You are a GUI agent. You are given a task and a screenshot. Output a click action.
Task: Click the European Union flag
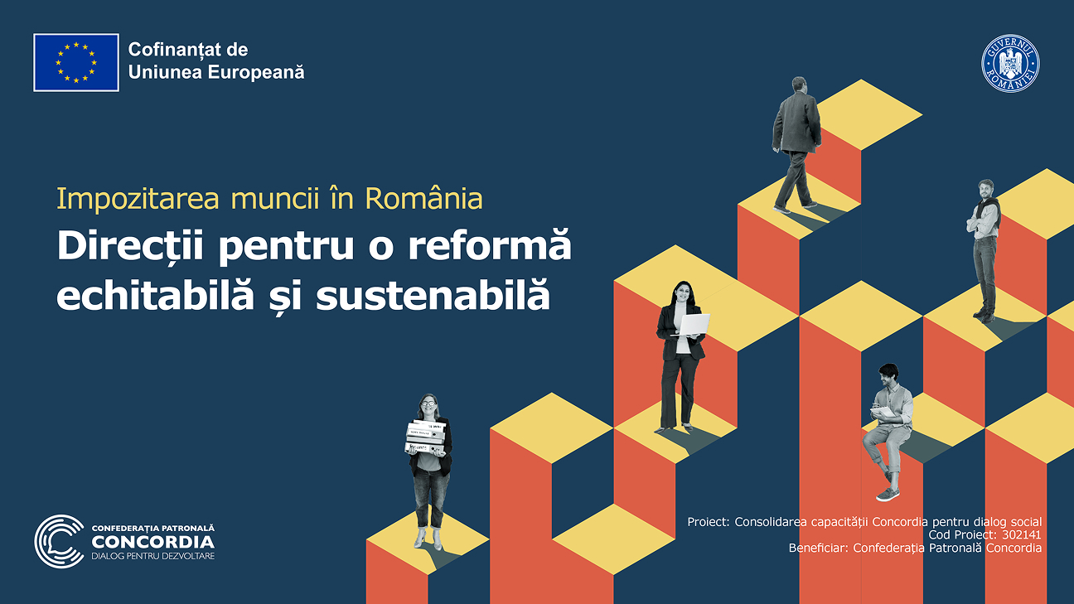pyautogui.click(x=76, y=62)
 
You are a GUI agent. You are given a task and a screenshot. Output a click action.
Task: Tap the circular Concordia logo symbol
pyautogui.click(x=59, y=541)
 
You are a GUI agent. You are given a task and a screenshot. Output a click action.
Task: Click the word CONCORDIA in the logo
pyautogui.click(x=152, y=541)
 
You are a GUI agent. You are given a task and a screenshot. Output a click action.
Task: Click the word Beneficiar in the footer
pyautogui.click(x=817, y=548)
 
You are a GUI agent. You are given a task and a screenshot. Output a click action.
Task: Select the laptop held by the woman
pyautogui.click(x=693, y=324)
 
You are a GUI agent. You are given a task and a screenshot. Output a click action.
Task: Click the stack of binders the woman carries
pyautogui.click(x=426, y=437)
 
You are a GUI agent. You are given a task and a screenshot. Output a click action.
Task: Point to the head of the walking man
pyautogui.click(x=799, y=85)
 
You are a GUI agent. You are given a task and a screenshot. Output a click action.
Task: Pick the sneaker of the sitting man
pyautogui.click(x=888, y=494)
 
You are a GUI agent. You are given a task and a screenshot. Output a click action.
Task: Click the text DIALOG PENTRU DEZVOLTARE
pyautogui.click(x=152, y=556)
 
